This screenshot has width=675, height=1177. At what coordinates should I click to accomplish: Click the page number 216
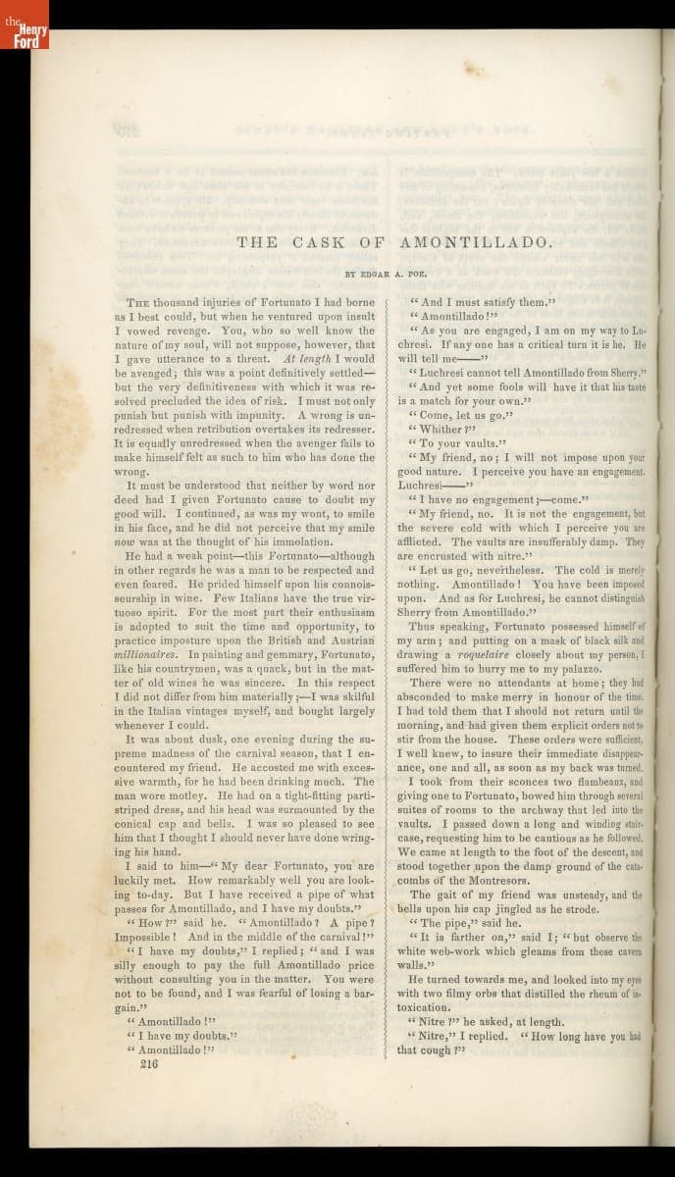(149, 1062)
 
